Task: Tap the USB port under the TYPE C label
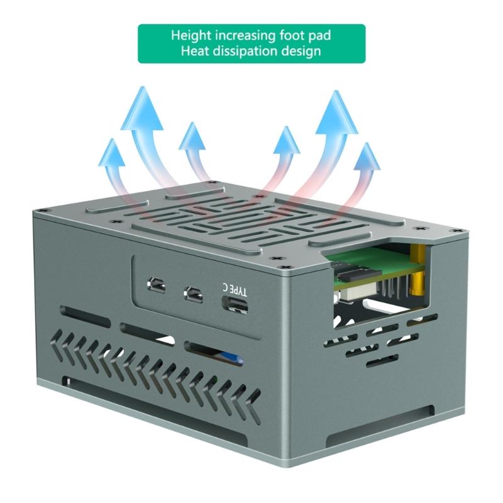pos(235,304)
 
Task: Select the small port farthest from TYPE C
pos(155,286)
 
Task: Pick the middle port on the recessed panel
pos(192,293)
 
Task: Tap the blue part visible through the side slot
pos(233,359)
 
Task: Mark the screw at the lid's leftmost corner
pos(40,210)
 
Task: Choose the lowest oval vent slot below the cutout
pos(382,361)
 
